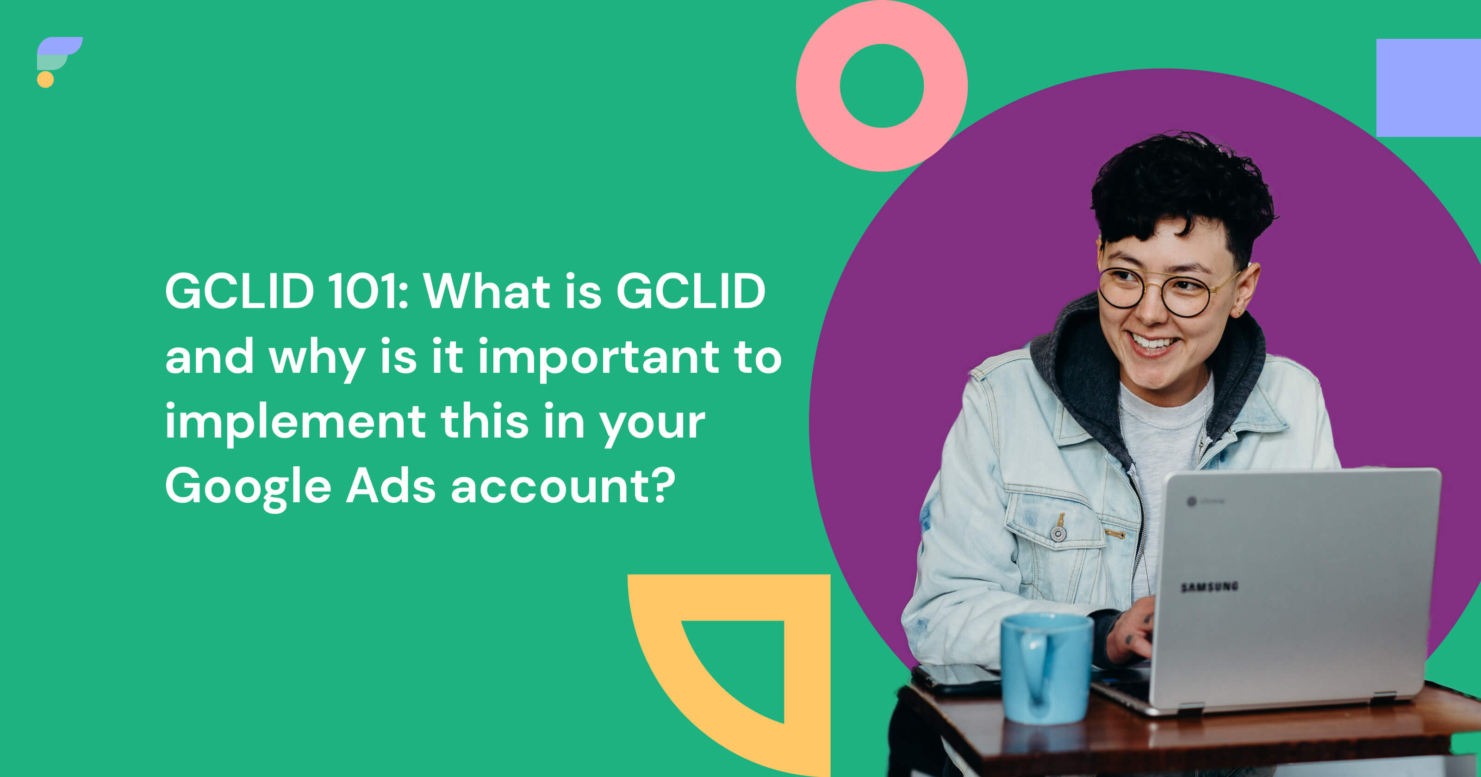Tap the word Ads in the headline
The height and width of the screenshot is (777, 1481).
[x=391, y=486]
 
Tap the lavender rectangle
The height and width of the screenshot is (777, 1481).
[x=1429, y=88]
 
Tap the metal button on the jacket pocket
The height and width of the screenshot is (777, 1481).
[x=1058, y=534]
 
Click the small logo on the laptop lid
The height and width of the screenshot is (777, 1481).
[x=1191, y=502]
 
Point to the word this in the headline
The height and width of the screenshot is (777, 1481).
[x=484, y=421]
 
